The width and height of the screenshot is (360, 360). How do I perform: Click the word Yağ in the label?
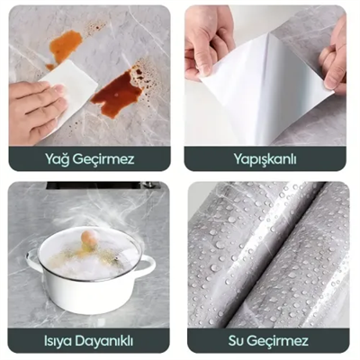pyautogui.click(x=58, y=159)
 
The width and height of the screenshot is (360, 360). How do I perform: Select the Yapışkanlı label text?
pyautogui.click(x=265, y=159)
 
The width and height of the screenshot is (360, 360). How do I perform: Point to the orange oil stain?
pyautogui.click(x=64, y=45)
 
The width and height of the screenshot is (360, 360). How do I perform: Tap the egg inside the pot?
pyautogui.click(x=88, y=239)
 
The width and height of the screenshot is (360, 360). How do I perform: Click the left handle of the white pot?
pyautogui.click(x=33, y=262)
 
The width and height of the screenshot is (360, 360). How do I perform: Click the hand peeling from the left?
pyautogui.click(x=210, y=40)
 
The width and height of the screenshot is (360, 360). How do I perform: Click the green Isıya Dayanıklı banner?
pyautogui.click(x=88, y=341)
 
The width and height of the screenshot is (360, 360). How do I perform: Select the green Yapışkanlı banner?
pyautogui.click(x=265, y=159)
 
